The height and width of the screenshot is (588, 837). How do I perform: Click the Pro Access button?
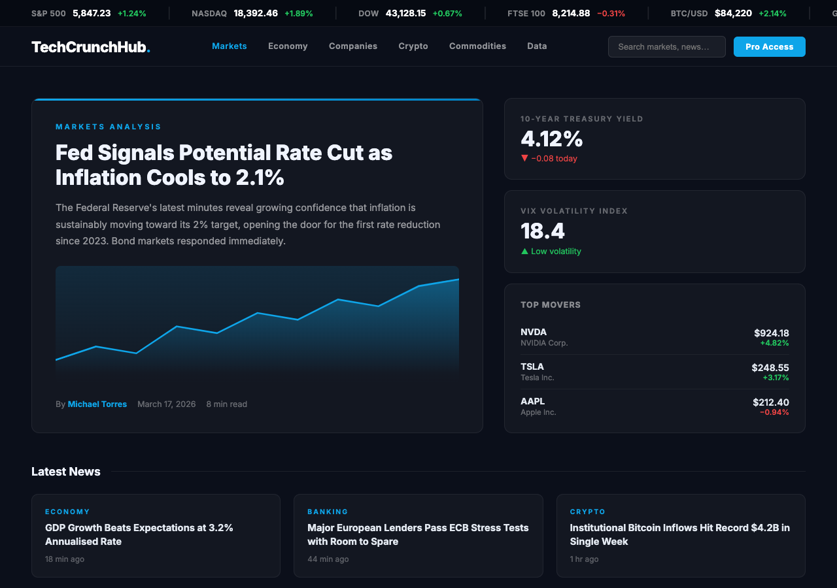tap(769, 46)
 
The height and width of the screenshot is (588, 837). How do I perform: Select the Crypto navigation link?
tap(413, 46)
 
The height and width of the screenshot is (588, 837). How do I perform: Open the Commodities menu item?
tap(477, 46)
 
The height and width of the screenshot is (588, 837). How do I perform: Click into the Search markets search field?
tap(666, 46)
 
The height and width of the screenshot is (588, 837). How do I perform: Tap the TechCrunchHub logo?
tap(90, 46)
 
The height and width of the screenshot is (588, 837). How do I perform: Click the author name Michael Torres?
tap(97, 404)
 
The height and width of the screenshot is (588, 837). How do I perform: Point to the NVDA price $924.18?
tap(771, 333)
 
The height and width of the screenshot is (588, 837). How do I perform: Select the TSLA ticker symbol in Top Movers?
tap(532, 367)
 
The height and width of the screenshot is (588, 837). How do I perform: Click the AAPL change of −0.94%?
tap(774, 412)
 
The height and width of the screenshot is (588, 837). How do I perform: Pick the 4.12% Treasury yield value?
tap(551, 139)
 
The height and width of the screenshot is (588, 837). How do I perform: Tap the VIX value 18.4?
tap(542, 231)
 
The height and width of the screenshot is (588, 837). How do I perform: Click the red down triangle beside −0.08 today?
tap(524, 158)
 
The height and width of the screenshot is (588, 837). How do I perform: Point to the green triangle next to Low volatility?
tap(524, 251)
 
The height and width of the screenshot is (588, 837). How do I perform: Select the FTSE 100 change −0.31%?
tap(611, 13)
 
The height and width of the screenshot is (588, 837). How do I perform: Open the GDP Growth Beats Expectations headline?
tap(139, 534)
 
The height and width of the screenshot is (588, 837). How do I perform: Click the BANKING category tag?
tap(328, 512)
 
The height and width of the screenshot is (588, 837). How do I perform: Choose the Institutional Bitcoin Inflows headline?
tap(679, 534)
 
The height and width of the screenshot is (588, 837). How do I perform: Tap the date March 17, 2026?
tap(166, 404)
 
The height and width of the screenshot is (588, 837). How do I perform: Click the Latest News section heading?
tap(66, 472)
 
